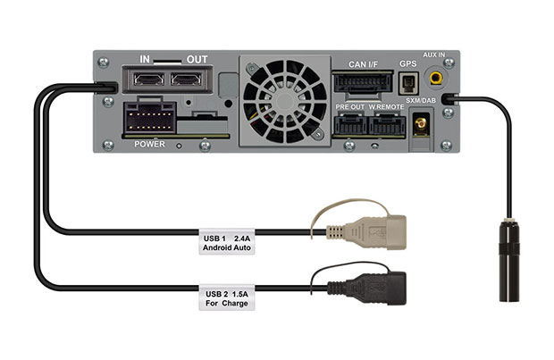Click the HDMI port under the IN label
coord(148,80)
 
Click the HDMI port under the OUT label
coord(186,80)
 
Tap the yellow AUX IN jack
coord(436,77)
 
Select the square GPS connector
coord(408,84)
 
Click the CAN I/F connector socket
coord(363,83)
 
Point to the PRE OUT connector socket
coord(350,124)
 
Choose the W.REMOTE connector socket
coord(386,124)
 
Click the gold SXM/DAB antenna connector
coord(421,124)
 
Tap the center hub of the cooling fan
coord(285,102)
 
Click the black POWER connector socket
coord(150,117)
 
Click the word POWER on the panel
coord(149,144)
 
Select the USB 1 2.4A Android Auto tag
coord(227,242)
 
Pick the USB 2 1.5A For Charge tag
coord(227,297)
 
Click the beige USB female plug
coord(366,232)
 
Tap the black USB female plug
coord(366,288)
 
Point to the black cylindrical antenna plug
coord(509,262)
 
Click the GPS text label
coord(408,64)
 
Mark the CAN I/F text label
coord(363,64)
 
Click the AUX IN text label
coord(434,54)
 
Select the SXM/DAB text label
coord(421,101)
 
